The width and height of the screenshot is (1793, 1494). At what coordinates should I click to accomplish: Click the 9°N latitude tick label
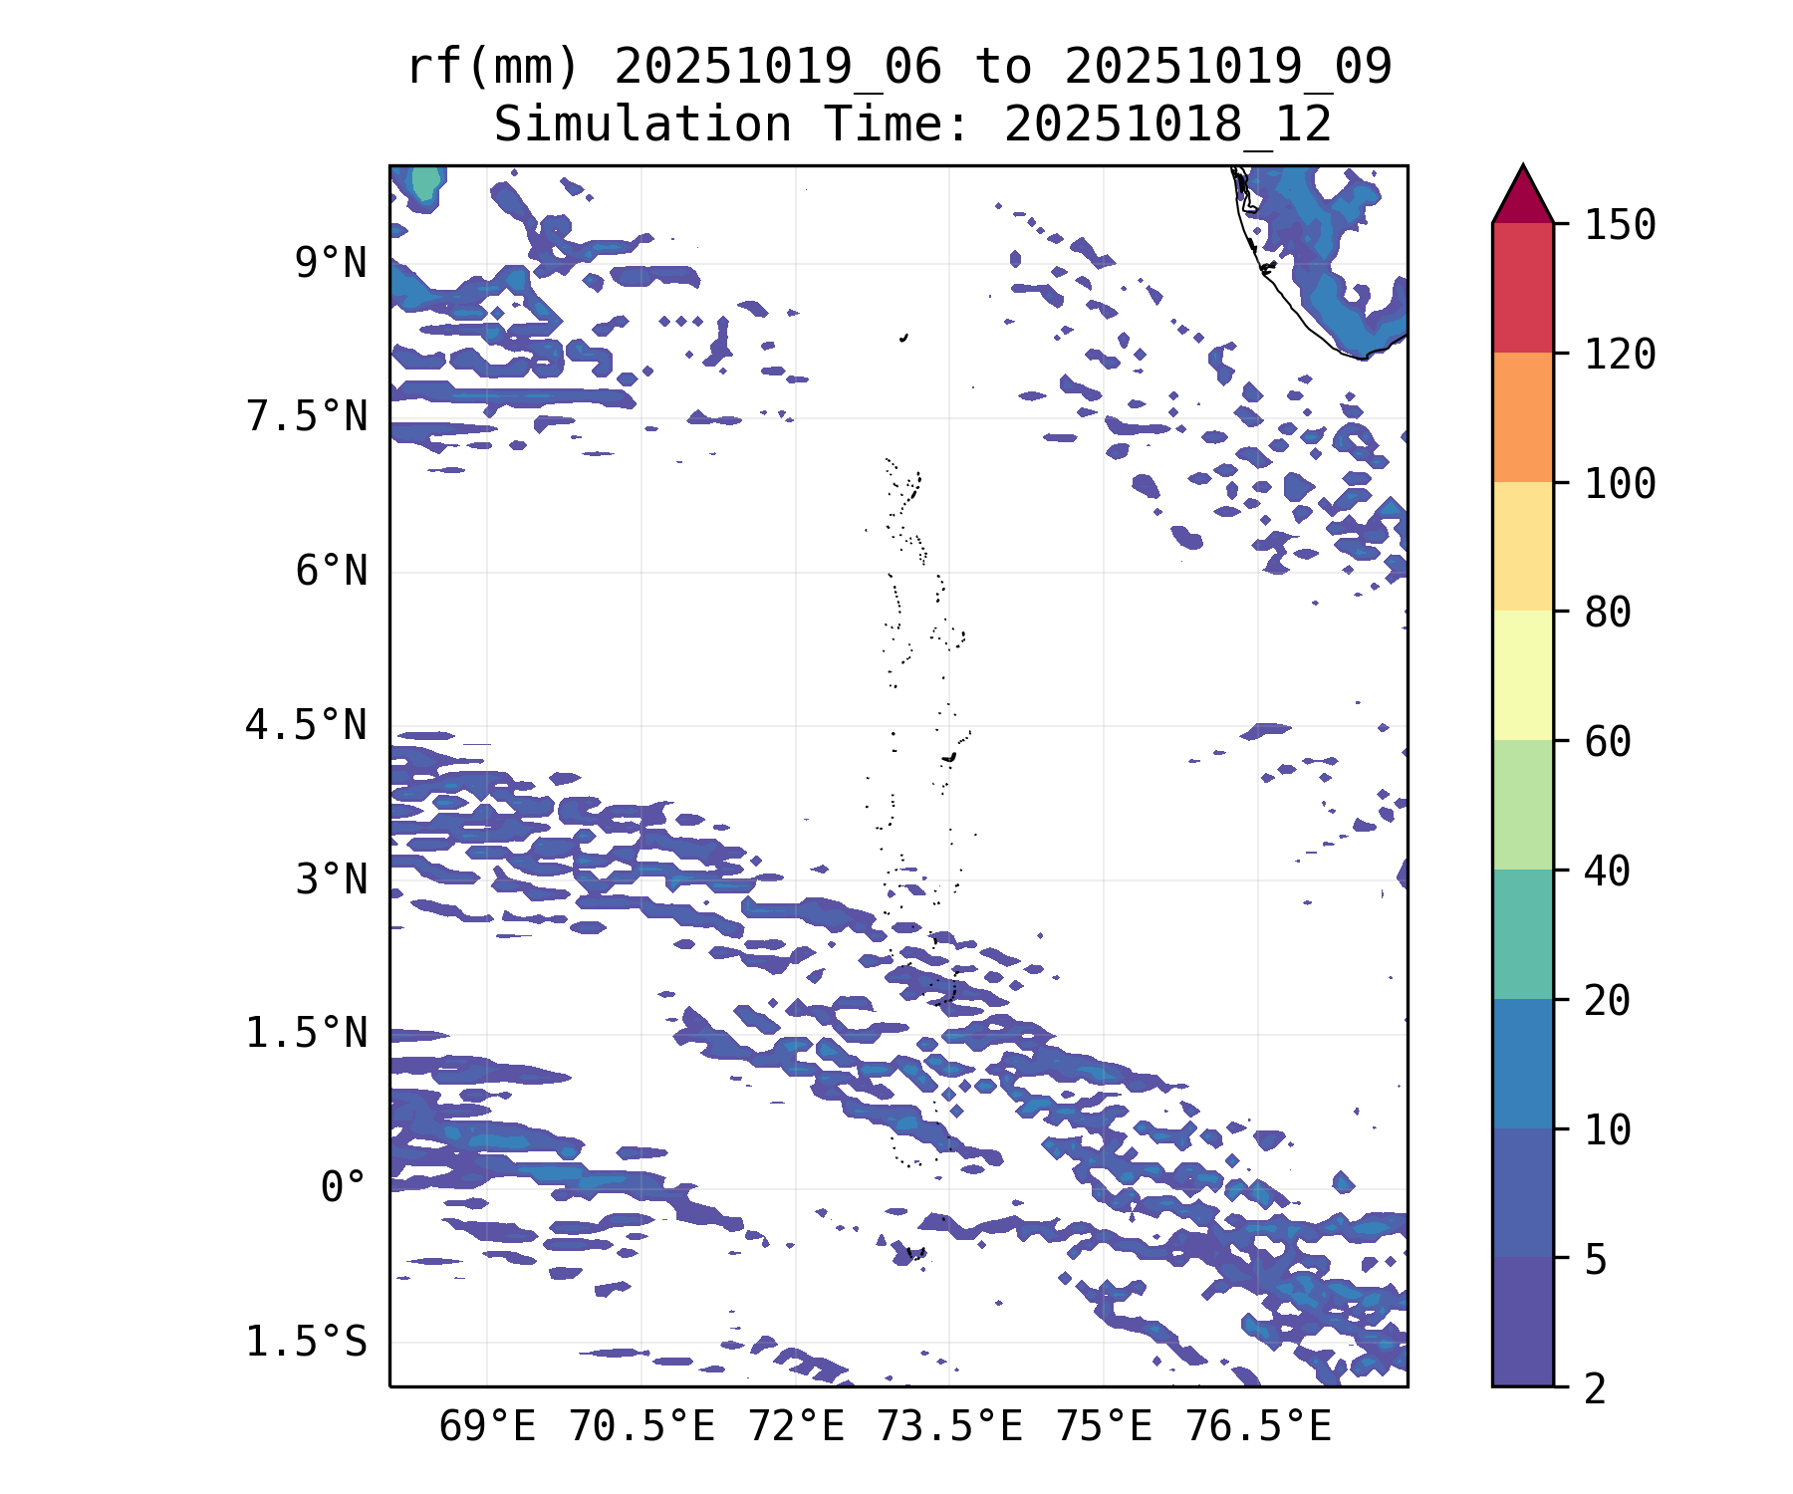[330, 264]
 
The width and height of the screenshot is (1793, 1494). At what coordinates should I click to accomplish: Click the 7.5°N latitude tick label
[307, 417]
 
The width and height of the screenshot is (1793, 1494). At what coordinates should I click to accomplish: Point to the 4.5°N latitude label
[307, 726]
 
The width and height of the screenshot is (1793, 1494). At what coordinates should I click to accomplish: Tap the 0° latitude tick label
[343, 1187]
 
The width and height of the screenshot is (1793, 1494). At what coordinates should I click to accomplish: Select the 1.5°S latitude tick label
[307, 1343]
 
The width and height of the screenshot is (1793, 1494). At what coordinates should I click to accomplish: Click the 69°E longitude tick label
[487, 1427]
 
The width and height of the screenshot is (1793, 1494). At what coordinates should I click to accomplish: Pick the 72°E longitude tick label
[796, 1427]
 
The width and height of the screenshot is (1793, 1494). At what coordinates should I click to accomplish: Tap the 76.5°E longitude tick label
[1258, 1427]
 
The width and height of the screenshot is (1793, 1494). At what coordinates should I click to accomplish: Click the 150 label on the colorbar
[1620, 225]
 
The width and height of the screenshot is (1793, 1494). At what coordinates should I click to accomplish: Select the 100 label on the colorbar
[1620, 484]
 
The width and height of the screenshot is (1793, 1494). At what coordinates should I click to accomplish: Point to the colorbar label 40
[1608, 871]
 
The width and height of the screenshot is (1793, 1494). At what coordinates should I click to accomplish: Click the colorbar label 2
[1596, 1388]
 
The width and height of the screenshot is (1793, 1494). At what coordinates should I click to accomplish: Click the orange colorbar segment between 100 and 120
[1522, 417]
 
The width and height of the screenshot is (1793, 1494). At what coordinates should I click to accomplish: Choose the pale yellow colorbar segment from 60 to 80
[1522, 675]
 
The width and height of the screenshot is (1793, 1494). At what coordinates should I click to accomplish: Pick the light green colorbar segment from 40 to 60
[1522, 805]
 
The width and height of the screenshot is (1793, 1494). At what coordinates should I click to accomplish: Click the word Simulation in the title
[642, 125]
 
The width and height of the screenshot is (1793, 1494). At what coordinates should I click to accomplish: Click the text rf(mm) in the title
[493, 68]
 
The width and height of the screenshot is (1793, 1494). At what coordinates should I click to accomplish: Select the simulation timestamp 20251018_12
[1167, 125]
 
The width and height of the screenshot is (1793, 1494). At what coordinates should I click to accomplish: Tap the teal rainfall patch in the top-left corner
[425, 183]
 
